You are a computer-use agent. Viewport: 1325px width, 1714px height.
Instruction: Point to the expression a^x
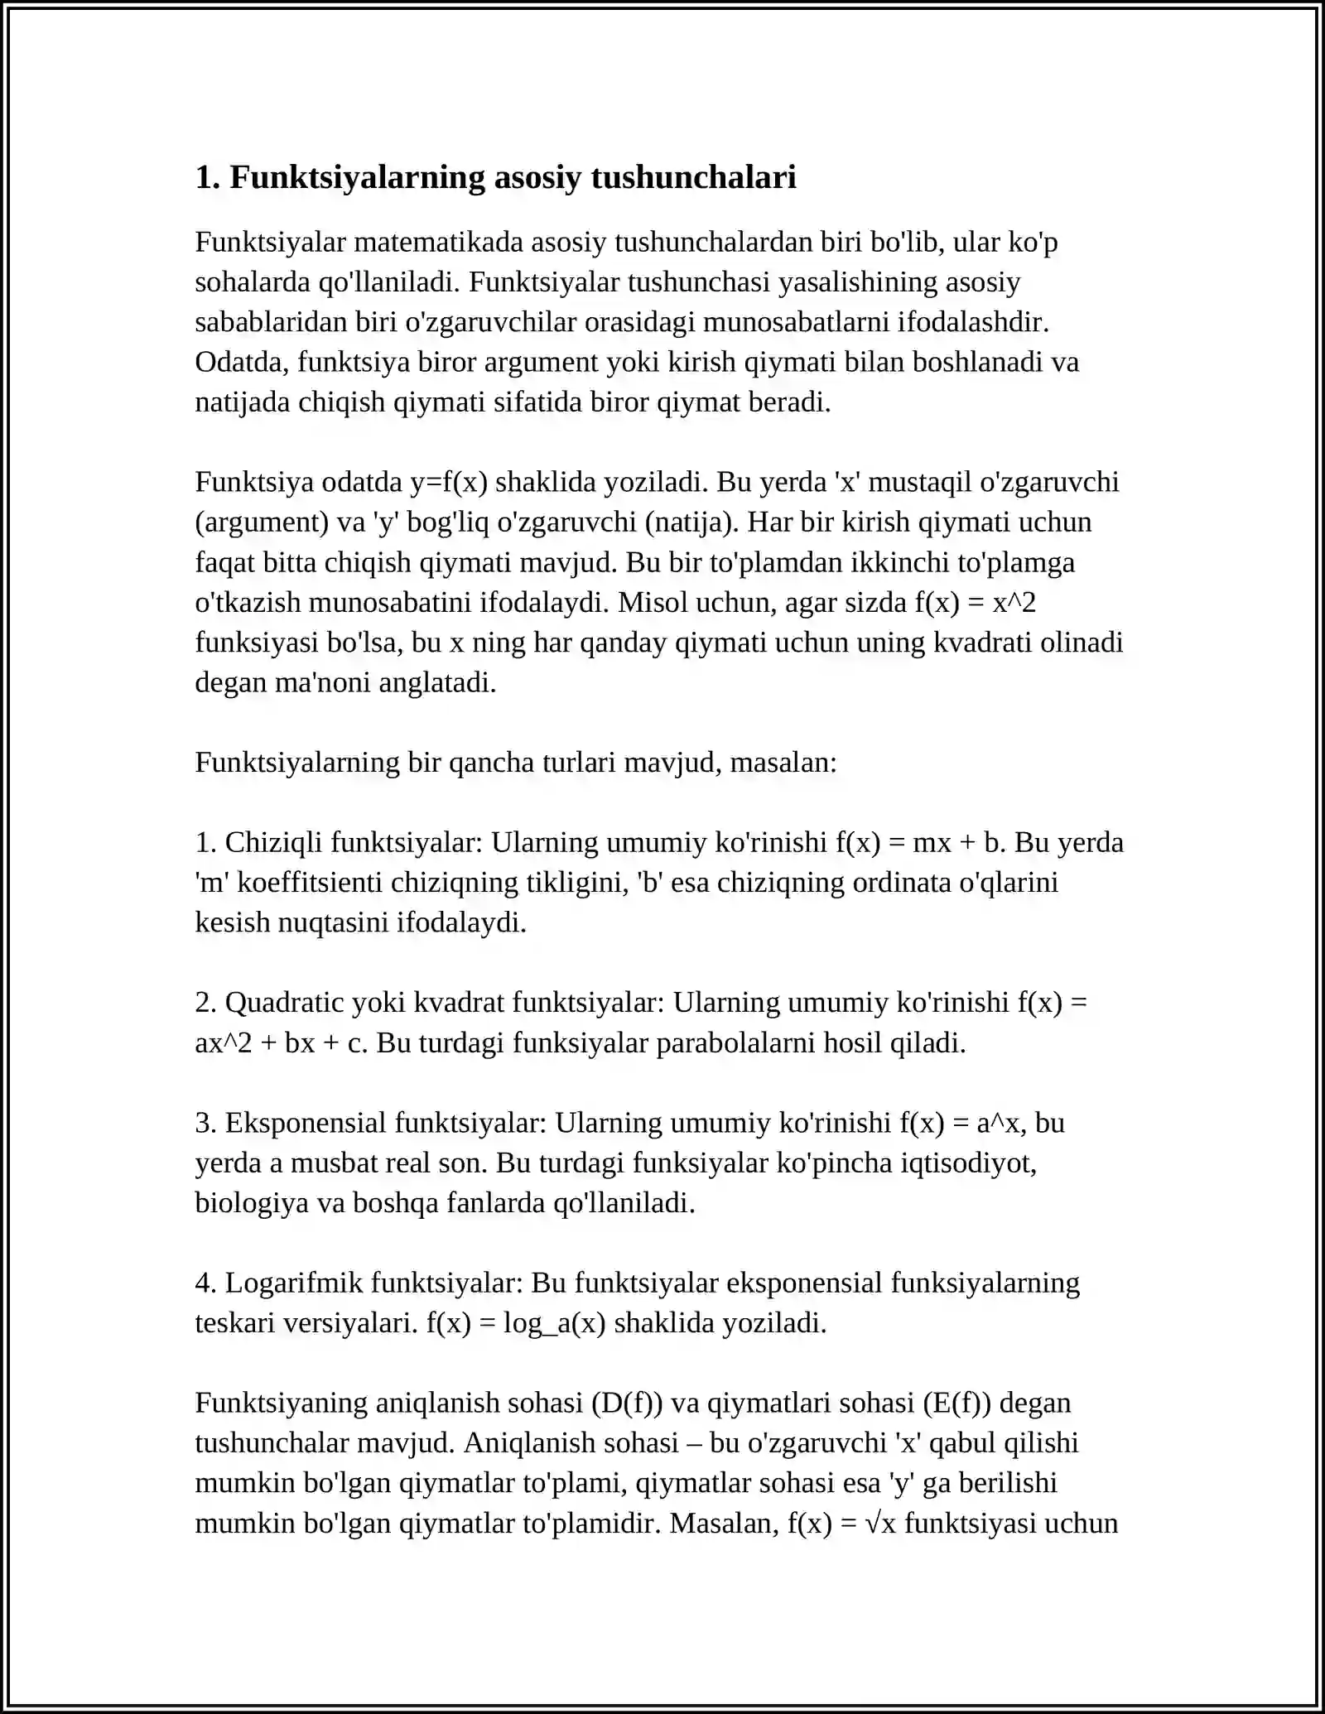point(1001,1124)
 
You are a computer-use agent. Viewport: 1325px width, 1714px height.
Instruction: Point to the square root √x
point(880,1524)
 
